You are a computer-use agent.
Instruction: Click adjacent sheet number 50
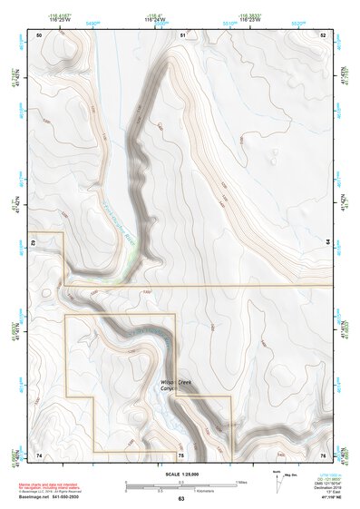[x=39, y=34]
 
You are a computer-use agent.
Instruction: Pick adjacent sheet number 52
[x=323, y=34]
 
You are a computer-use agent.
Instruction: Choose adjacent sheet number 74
[x=39, y=454]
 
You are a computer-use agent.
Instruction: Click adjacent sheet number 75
[x=181, y=454]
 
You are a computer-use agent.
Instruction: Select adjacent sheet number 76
[x=323, y=454]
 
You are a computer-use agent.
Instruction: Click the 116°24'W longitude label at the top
[x=155, y=19]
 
